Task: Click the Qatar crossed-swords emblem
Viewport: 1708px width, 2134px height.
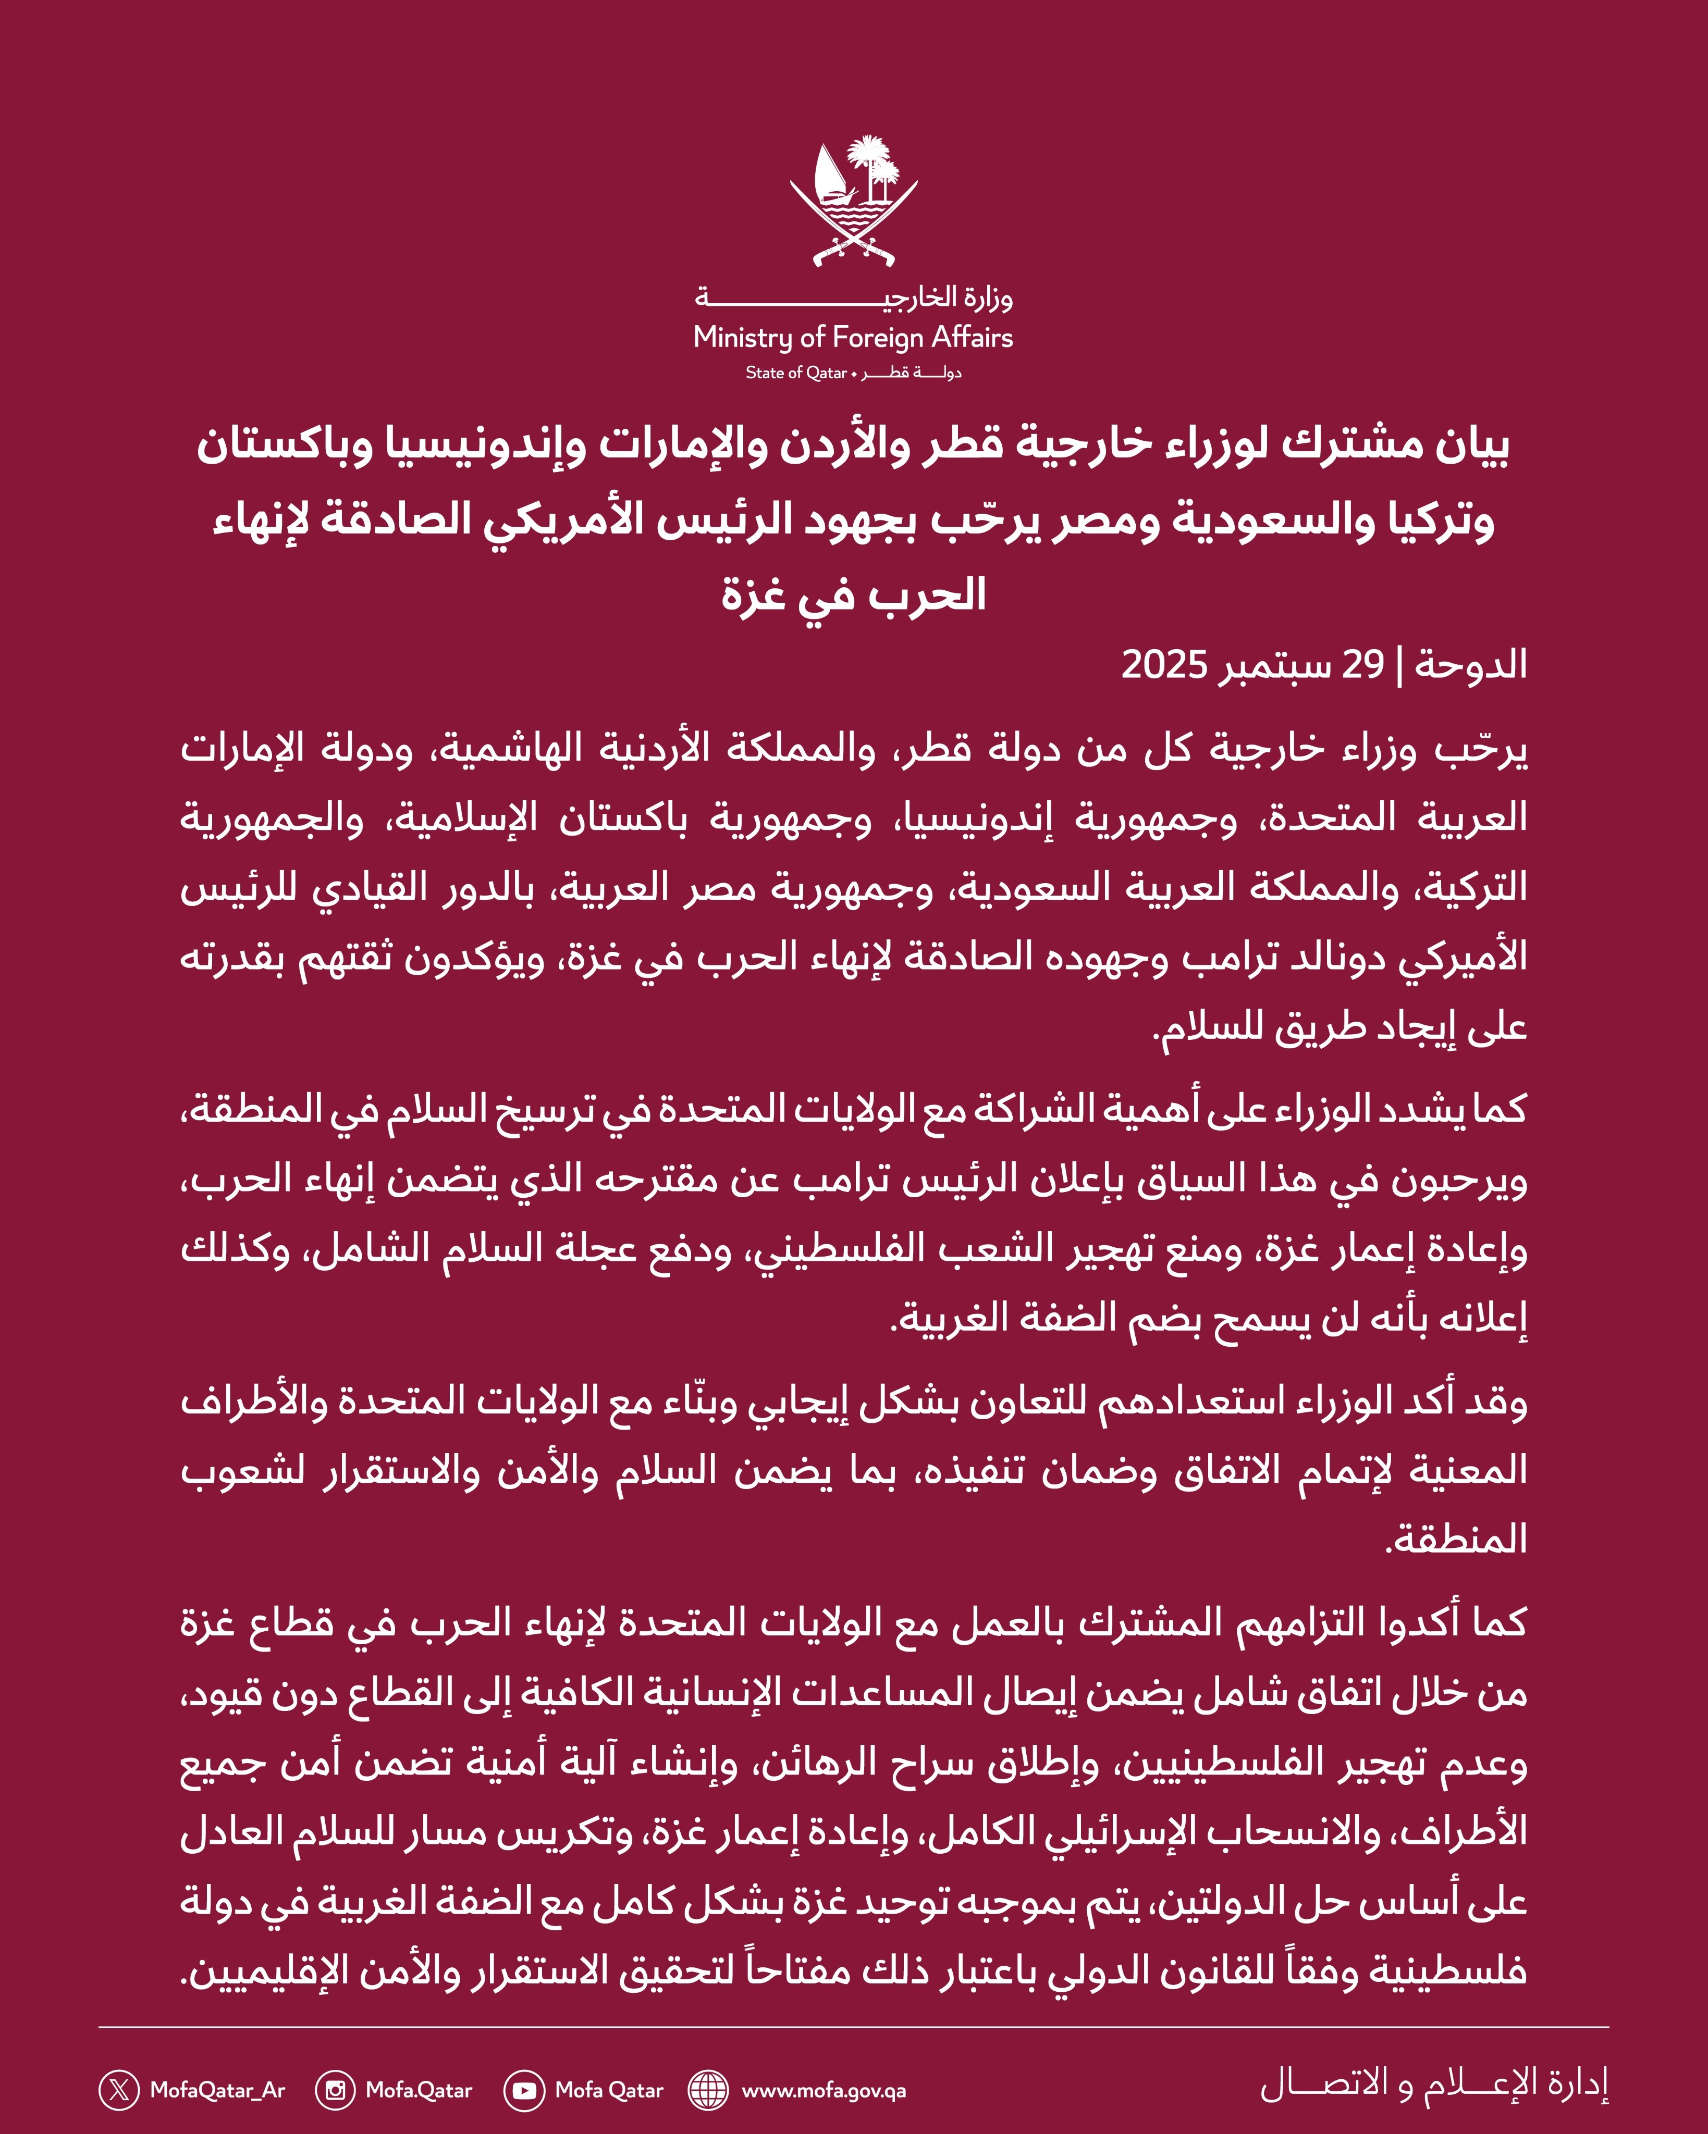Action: coord(853,203)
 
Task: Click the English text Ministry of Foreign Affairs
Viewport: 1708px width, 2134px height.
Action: coord(853,338)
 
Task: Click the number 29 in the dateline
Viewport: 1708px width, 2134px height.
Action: coord(1361,664)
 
